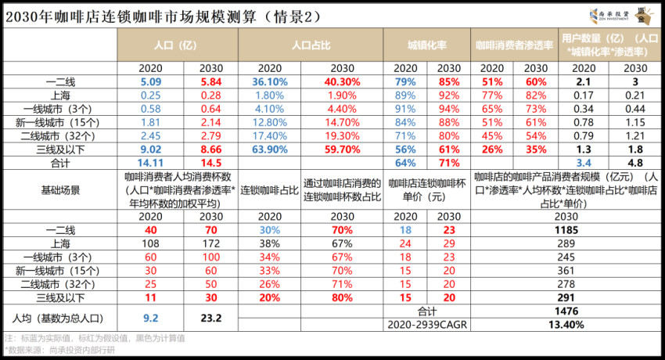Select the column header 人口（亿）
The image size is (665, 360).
pyautogui.click(x=177, y=45)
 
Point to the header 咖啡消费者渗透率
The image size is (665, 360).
pyautogui.click(x=513, y=45)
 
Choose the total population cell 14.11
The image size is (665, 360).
pyautogui.click(x=151, y=161)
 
